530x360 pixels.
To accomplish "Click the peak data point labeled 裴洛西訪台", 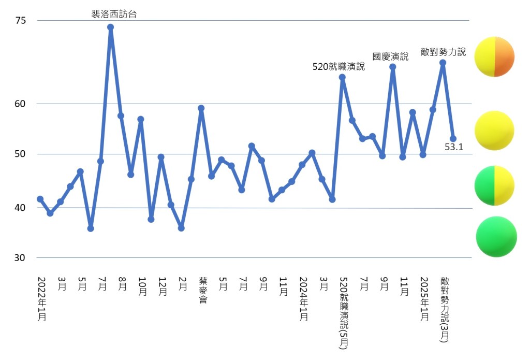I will [110, 27].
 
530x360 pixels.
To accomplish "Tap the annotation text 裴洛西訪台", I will [114, 14].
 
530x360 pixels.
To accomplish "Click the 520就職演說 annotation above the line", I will [338, 66].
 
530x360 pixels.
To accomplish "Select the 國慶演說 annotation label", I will [390, 56].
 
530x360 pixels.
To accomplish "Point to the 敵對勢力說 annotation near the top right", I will [443, 52].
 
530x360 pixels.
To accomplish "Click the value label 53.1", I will [454, 147].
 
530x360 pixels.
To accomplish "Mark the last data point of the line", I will [453, 138].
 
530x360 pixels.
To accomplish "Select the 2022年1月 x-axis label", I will [42, 299].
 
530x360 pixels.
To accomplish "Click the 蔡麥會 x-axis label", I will [202, 290].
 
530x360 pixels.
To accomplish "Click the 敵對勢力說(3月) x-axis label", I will [445, 309].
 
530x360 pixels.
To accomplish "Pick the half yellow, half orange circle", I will [494, 56].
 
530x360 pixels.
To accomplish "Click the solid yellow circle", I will [494, 131].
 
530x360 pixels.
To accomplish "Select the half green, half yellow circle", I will [494, 185].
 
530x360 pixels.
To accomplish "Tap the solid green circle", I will [496, 237].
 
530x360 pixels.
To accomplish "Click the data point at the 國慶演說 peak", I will [393, 67].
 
